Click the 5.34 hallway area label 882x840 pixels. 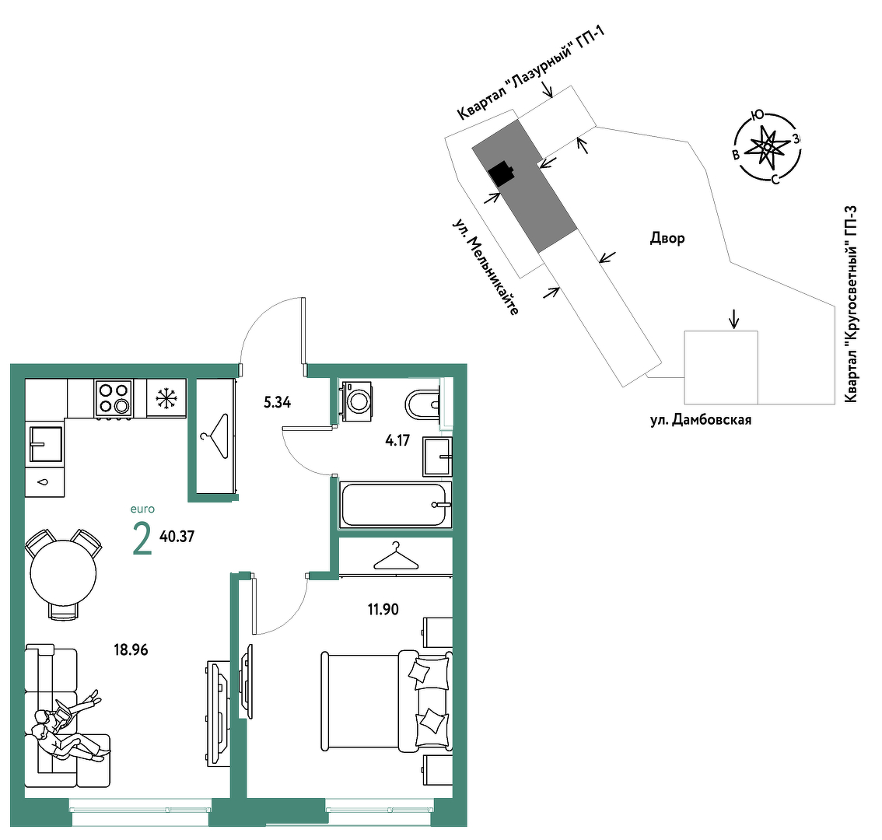(x=278, y=402)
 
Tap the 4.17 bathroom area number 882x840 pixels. (x=397, y=440)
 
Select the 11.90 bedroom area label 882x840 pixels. (x=383, y=609)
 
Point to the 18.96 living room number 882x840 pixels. (x=131, y=649)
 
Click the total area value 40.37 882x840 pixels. (x=177, y=536)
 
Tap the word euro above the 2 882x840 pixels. (x=142, y=509)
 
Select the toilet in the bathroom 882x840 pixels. (x=422, y=404)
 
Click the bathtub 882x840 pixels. (x=395, y=505)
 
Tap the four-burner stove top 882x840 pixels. (x=114, y=397)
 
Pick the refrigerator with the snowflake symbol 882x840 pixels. (x=166, y=397)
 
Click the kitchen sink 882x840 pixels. (x=45, y=444)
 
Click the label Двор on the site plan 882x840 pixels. (x=667, y=239)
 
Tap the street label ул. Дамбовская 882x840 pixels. (x=701, y=420)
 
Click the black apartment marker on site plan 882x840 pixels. (x=501, y=173)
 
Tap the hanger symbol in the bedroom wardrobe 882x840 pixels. (x=396, y=556)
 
